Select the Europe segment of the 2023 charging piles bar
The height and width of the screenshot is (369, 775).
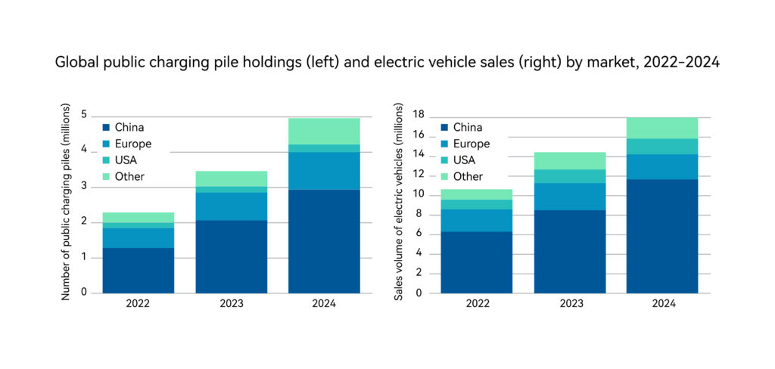(x=231, y=206)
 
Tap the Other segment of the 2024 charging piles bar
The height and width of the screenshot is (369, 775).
(x=324, y=131)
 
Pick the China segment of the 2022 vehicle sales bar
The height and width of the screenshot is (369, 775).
(x=476, y=262)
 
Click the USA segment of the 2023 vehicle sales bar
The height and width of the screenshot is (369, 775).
(x=569, y=176)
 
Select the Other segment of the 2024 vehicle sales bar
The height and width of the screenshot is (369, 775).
(x=661, y=128)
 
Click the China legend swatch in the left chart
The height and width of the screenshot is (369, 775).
(x=106, y=128)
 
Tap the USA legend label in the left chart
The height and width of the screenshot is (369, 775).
(x=126, y=160)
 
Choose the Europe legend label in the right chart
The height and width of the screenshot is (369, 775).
(x=474, y=144)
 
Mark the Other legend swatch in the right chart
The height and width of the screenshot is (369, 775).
(x=445, y=177)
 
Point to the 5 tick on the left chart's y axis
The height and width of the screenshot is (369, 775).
(x=85, y=116)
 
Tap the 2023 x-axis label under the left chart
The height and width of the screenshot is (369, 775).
(x=231, y=304)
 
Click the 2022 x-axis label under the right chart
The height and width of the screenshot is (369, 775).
(x=476, y=304)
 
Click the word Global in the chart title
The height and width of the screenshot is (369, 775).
(x=75, y=63)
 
